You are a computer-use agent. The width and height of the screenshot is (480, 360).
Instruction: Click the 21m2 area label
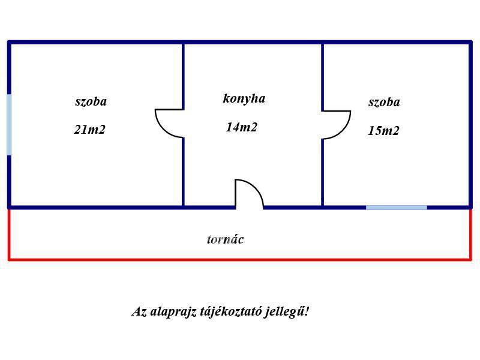[89, 130]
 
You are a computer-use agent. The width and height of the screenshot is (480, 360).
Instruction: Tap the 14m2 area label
[242, 127]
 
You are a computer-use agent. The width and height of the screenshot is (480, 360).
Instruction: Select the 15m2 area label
[383, 131]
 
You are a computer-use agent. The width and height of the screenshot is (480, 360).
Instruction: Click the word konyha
[244, 98]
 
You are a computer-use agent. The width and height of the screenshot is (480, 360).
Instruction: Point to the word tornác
[226, 239]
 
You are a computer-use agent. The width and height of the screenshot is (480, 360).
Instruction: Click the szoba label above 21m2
[91, 101]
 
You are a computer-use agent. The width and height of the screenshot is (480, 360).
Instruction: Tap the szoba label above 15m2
[384, 102]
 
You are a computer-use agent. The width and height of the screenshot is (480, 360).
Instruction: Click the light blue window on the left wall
[9, 125]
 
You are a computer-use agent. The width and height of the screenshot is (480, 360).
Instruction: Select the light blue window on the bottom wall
[397, 208]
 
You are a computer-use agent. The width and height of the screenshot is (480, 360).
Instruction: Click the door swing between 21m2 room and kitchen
[169, 124]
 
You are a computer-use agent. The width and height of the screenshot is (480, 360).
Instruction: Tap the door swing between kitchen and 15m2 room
[337, 125]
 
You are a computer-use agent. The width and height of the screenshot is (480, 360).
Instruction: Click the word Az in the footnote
[139, 312]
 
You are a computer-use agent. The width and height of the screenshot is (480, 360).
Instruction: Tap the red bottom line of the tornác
[240, 260]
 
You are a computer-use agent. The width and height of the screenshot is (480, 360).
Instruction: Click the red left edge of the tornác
[9, 235]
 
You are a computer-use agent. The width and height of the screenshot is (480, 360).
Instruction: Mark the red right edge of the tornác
[471, 235]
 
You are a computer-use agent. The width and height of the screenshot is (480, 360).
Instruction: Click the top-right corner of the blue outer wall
[470, 42]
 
